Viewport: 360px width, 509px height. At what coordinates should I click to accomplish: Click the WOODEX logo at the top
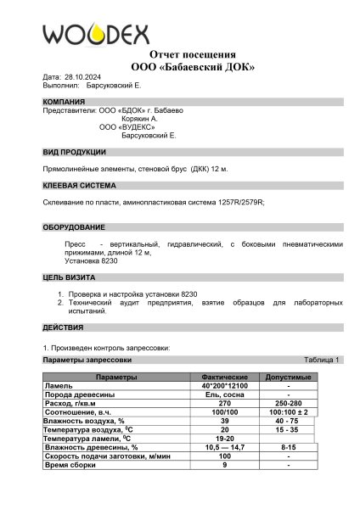pyautogui.click(x=96, y=33)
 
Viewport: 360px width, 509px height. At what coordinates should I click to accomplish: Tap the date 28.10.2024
pyautogui.click(x=82, y=76)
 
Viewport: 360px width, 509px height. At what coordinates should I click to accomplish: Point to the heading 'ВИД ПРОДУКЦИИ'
pyautogui.click(x=75, y=152)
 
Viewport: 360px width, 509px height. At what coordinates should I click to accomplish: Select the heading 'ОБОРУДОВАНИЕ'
pyautogui.click(x=74, y=227)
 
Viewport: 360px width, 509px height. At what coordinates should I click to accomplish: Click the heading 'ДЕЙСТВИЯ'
pyautogui.click(x=63, y=327)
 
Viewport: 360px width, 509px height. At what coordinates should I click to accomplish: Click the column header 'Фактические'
pyautogui.click(x=224, y=376)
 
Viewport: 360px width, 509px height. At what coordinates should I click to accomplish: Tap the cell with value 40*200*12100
pyautogui.click(x=224, y=385)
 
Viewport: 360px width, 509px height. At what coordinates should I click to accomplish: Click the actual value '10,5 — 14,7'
pyautogui.click(x=224, y=446)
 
